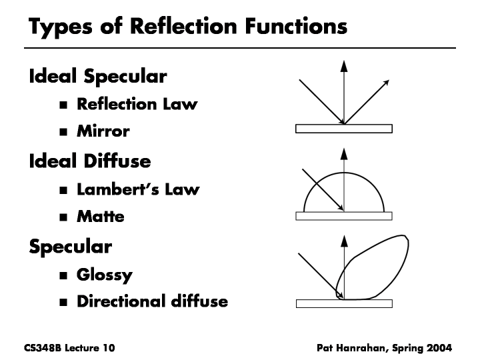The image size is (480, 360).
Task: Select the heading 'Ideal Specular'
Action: [x=97, y=76]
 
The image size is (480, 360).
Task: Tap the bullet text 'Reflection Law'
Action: [x=137, y=104]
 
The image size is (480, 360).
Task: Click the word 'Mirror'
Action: [x=103, y=131]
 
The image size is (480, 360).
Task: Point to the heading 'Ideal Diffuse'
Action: [x=89, y=161]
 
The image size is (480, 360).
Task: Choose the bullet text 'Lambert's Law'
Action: [x=138, y=189]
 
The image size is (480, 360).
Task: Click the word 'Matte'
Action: [x=100, y=216]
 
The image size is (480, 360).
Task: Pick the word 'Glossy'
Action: [x=104, y=274]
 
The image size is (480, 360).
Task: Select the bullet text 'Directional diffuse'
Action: [x=152, y=301]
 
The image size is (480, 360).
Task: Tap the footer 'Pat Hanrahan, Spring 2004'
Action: [x=384, y=347]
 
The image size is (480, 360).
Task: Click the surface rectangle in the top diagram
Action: [x=344, y=129]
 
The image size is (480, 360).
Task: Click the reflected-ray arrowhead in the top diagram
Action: [x=386, y=83]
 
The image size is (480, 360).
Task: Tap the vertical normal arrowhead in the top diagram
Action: [x=344, y=65]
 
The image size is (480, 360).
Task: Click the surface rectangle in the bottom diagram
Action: [x=344, y=304]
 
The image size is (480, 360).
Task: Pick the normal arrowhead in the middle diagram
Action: [x=344, y=153]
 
